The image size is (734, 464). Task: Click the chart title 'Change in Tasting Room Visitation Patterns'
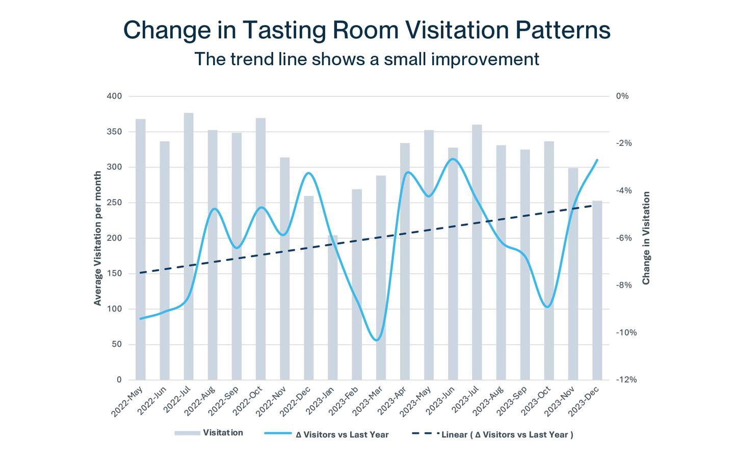pyautogui.click(x=366, y=30)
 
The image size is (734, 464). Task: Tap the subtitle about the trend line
pyautogui.click(x=366, y=59)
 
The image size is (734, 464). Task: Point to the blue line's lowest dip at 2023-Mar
pyautogui.click(x=377, y=340)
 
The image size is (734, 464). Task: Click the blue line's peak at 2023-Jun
pyautogui.click(x=453, y=159)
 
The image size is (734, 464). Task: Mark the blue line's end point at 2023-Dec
pyautogui.click(x=597, y=160)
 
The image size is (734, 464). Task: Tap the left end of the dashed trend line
pyautogui.click(x=141, y=273)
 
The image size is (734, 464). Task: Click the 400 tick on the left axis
pyautogui.click(x=115, y=96)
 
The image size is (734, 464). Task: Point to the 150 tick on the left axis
pyautogui.click(x=115, y=274)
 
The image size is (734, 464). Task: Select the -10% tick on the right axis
pyautogui.click(x=626, y=332)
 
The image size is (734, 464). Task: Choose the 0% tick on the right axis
pyautogui.click(x=622, y=96)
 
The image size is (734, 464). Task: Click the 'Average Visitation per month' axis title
pyautogui.click(x=97, y=238)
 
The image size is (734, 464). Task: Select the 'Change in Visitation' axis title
pyautogui.click(x=646, y=238)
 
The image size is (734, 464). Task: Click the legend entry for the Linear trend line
pyautogui.click(x=507, y=434)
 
